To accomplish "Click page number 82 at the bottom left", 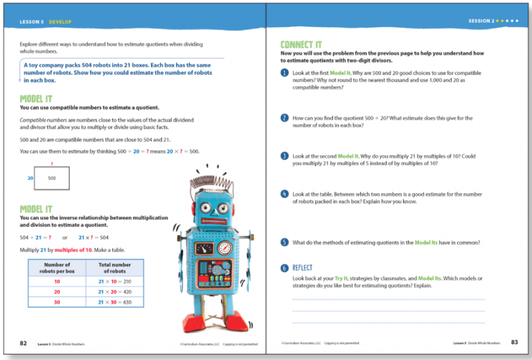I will click(x=24, y=343).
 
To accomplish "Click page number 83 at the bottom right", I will click(x=514, y=343).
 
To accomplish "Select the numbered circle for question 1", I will click(x=285, y=73).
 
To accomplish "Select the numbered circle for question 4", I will click(x=285, y=195).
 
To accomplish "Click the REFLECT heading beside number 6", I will click(x=303, y=267).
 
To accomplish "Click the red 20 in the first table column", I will click(x=57, y=292).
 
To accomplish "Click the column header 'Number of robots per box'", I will click(x=57, y=267).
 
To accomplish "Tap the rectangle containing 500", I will click(x=52, y=178).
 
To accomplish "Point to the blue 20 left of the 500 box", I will click(x=30, y=178).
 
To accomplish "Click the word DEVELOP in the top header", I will click(x=60, y=22).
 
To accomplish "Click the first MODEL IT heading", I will click(x=36, y=99).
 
